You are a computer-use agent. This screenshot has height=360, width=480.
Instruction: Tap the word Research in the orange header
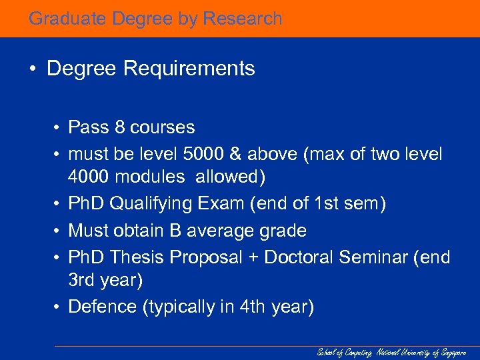(x=243, y=19)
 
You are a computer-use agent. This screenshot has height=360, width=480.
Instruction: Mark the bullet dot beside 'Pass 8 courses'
(x=59, y=127)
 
